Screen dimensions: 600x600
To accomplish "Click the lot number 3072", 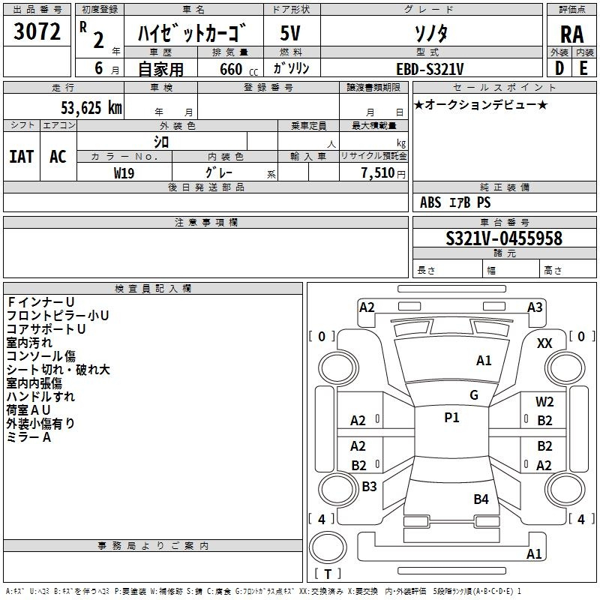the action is pos(37,31).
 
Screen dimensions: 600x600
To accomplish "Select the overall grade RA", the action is pos(571,34).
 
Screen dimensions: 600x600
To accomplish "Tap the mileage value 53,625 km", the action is pos(91,107).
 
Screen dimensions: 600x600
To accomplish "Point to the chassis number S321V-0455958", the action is pos(504,238).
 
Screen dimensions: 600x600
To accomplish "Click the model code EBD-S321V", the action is pos(430,69).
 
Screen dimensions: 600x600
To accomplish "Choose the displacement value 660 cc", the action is pos(238,70).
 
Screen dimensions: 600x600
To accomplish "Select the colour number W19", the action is pos(124,173).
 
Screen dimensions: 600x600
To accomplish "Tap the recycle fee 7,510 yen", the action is pos(383,173).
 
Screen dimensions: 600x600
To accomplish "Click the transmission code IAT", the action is pos(22,157).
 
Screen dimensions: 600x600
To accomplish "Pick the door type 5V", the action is pos(290,33).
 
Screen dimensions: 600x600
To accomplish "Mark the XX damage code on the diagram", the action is pos(544,343).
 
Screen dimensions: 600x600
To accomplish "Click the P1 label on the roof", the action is pos(451,418).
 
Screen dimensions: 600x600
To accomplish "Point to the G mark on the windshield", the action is pos(474,394).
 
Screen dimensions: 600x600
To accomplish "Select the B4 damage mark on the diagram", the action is pos(481,499).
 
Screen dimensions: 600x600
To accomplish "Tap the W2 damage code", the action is pos(544,402).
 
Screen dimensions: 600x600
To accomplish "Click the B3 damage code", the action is pos(369,486).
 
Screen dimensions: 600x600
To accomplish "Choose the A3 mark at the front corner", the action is pos(535,307).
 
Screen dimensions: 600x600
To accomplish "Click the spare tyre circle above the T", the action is pos(328,547).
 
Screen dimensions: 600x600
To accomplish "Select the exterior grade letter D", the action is pos(559,68).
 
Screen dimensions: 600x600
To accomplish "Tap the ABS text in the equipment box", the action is pos(430,202).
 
